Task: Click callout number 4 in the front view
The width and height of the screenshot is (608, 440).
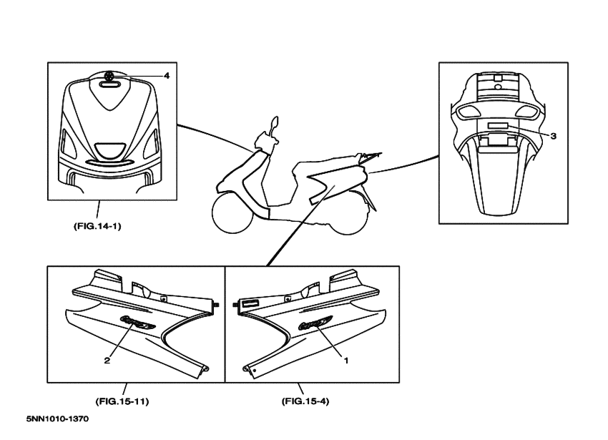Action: click(x=167, y=76)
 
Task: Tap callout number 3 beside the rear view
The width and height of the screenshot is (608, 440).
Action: click(x=554, y=136)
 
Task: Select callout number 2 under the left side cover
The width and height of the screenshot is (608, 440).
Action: click(x=107, y=361)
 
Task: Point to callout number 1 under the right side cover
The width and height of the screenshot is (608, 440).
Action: click(x=346, y=361)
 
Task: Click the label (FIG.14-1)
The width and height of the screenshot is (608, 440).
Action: click(x=97, y=226)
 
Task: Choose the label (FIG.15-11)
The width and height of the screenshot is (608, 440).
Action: click(x=122, y=401)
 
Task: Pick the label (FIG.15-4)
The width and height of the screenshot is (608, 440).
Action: click(x=305, y=401)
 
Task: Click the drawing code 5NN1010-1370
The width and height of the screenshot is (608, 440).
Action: click(x=57, y=419)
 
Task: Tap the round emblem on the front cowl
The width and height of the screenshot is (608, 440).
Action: click(x=109, y=76)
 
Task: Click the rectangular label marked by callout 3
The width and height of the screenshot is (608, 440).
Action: click(x=498, y=125)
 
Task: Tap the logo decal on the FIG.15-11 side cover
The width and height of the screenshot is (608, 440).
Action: click(x=138, y=321)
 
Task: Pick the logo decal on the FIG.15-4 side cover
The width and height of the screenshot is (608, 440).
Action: click(x=315, y=322)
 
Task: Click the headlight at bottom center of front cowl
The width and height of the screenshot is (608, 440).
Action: click(x=110, y=150)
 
